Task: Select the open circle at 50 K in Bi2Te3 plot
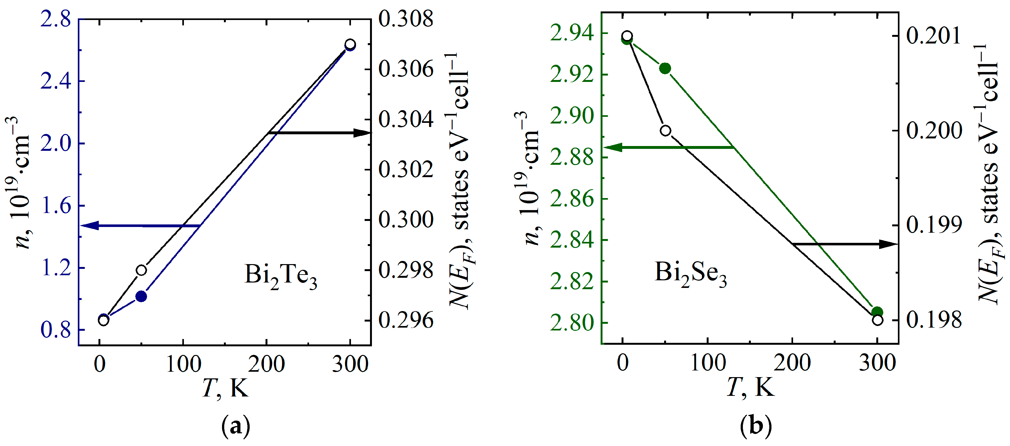coord(141,270)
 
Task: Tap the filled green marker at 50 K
coord(665,68)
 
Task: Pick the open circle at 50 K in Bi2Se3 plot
coord(665,130)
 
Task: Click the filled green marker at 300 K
coord(877,312)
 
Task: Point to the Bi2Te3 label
coord(280,275)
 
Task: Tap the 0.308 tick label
coord(406,19)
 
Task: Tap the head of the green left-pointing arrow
coord(611,147)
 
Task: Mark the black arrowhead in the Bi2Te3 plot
coord(362,133)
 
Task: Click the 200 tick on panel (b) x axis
coord(792,363)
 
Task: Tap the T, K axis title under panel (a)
coord(226,388)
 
